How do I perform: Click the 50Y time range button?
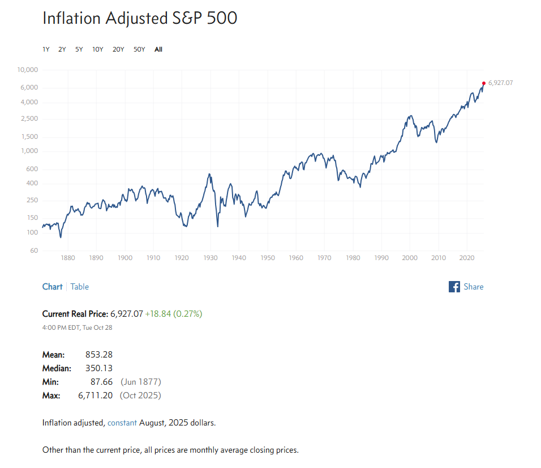click(139, 49)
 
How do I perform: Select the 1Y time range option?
click(46, 49)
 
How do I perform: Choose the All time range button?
click(158, 49)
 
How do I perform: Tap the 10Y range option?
click(98, 49)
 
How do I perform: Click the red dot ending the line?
click(484, 83)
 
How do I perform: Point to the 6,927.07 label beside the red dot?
click(500, 83)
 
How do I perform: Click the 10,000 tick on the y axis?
click(27, 70)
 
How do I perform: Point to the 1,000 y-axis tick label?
click(29, 151)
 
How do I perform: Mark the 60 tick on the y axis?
click(34, 250)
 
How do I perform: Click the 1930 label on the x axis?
click(211, 258)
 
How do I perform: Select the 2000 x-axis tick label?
click(410, 258)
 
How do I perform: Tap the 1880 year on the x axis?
click(68, 258)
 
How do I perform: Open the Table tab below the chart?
click(80, 287)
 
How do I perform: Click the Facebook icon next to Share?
click(454, 287)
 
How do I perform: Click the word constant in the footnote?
click(122, 423)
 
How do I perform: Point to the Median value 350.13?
click(99, 368)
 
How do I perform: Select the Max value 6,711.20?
click(96, 395)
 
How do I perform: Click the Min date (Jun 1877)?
click(141, 382)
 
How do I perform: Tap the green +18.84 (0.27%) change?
click(174, 313)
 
